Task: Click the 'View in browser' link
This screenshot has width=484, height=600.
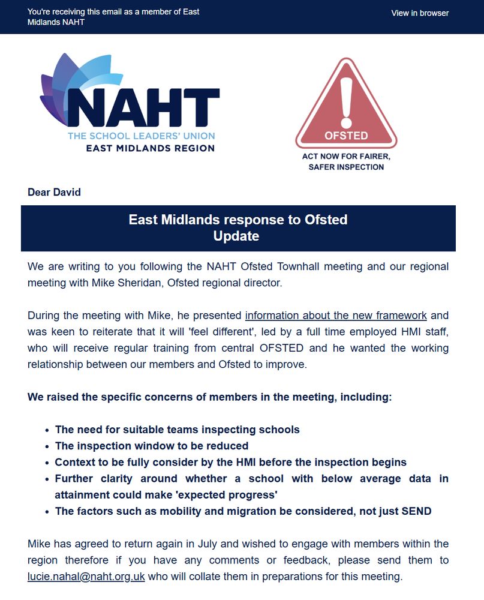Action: coord(420,13)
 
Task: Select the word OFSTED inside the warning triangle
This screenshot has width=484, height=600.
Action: coord(346,136)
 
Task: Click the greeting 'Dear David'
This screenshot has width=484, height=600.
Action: coord(54,193)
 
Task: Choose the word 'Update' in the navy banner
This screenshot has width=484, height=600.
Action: coord(236,236)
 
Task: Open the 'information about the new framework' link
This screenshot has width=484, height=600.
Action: coord(336,316)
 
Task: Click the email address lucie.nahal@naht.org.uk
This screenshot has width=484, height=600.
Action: coord(86,577)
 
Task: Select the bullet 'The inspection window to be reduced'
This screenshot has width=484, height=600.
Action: coord(152,446)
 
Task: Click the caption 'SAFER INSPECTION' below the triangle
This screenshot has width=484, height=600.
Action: coord(346,167)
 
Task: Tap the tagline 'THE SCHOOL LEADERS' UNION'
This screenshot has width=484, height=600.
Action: coord(141,136)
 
